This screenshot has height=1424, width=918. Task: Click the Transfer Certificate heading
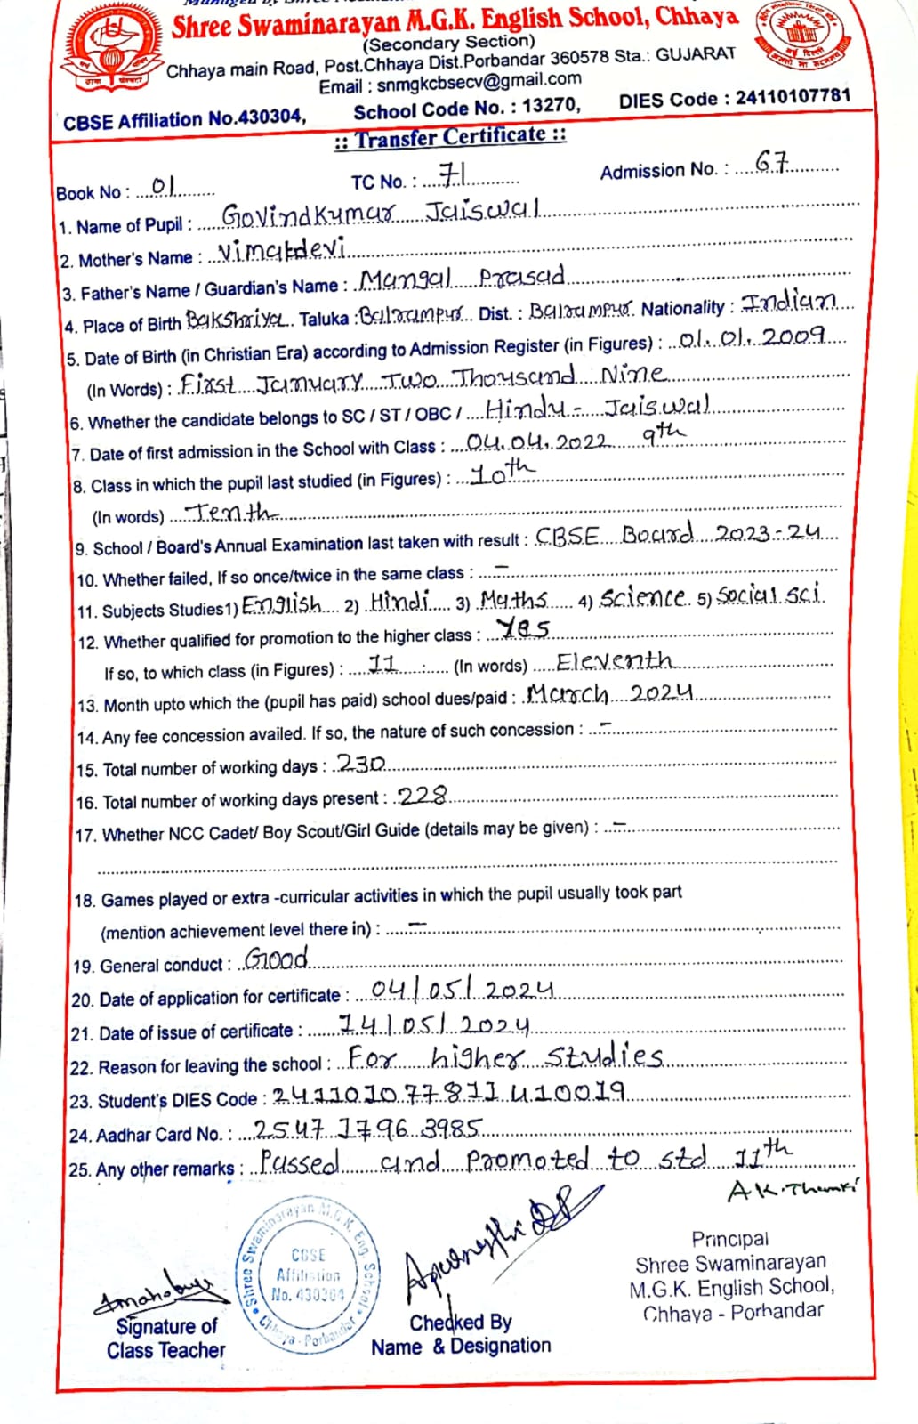450,137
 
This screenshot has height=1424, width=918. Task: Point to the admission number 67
771,162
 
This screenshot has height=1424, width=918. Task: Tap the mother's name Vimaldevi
282,250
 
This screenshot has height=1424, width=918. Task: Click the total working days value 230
360,763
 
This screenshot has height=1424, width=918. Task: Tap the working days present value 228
422,796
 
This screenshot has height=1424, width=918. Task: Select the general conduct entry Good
277,959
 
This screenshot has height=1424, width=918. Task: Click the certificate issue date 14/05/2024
434,1026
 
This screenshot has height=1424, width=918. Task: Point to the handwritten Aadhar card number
368,1129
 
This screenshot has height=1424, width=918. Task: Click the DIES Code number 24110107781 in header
793,96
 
